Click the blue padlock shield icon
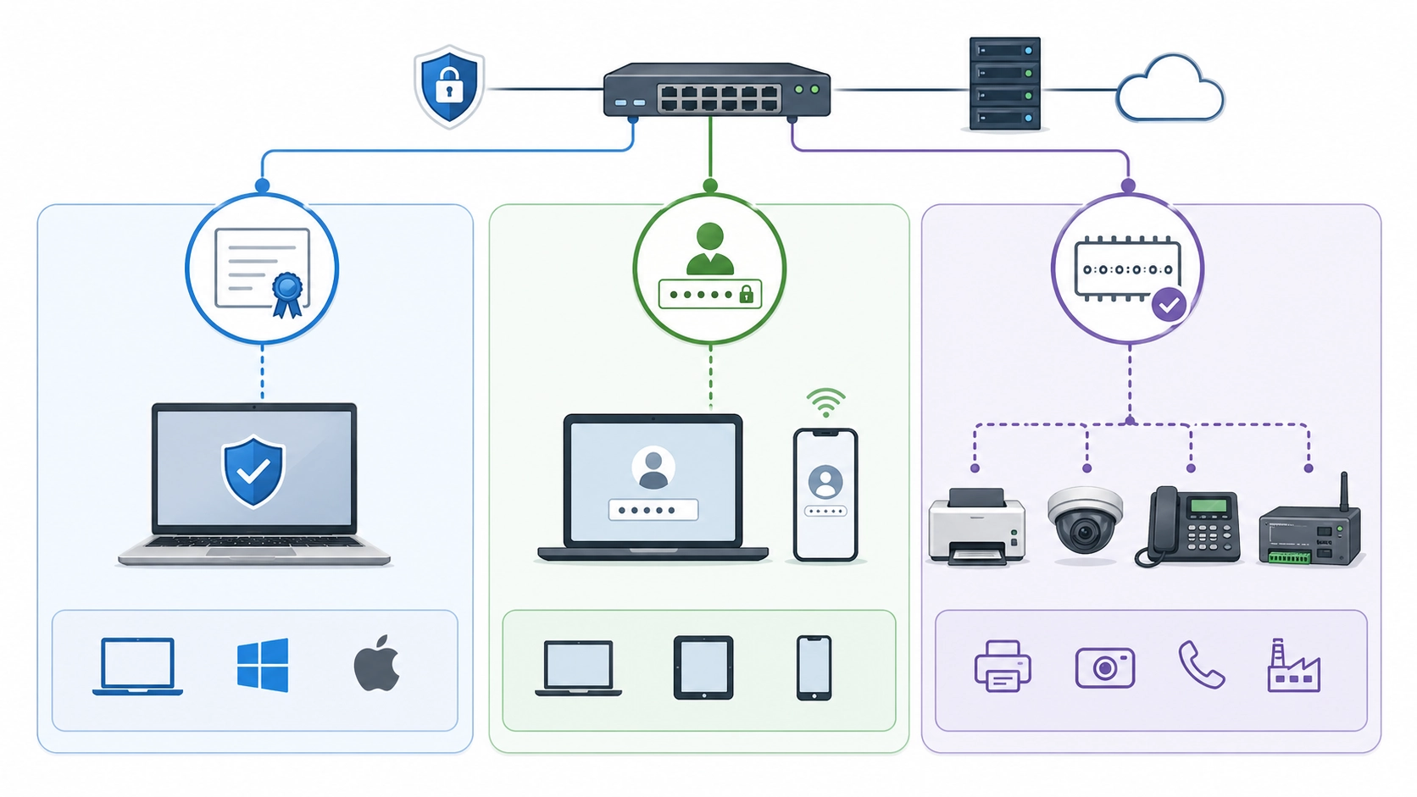coord(449,86)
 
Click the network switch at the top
coord(716,90)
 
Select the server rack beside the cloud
coord(1004,84)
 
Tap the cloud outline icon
coord(1170,90)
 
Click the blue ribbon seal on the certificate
coord(287,291)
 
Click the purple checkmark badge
coord(1170,304)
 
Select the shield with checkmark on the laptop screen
coord(253,471)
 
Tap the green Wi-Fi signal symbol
coord(825,401)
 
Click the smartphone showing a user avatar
coord(825,495)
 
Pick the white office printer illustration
coord(976,527)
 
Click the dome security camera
coord(1084,519)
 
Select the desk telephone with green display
coord(1189,525)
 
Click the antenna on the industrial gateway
coord(1343,491)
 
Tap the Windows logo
coord(263,665)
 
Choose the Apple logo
coord(377,663)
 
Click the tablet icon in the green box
coord(703,667)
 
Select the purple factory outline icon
coord(1292,667)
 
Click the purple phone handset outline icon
coord(1201,665)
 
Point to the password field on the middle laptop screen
coord(653,510)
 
